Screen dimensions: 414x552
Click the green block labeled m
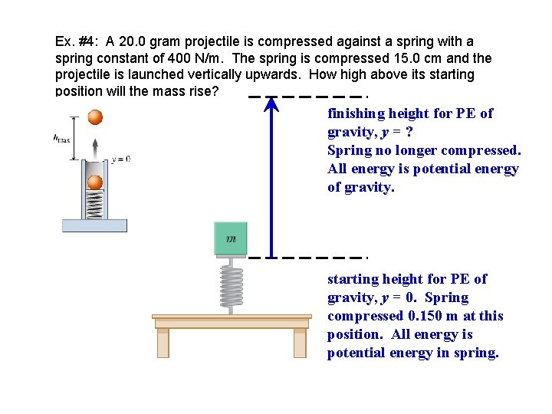[232, 238]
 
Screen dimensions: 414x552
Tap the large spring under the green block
[232, 284]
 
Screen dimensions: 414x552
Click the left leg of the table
[163, 342]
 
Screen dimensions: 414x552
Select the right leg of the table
[300, 342]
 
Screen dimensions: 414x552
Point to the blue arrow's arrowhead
[271, 106]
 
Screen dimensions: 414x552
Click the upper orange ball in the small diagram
[94, 117]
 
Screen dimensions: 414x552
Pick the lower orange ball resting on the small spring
[94, 182]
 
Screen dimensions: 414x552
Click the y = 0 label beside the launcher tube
[121, 159]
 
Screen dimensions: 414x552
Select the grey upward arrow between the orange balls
[94, 147]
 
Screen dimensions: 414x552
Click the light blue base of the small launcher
[94, 225]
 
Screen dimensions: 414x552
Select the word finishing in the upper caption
[356, 113]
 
